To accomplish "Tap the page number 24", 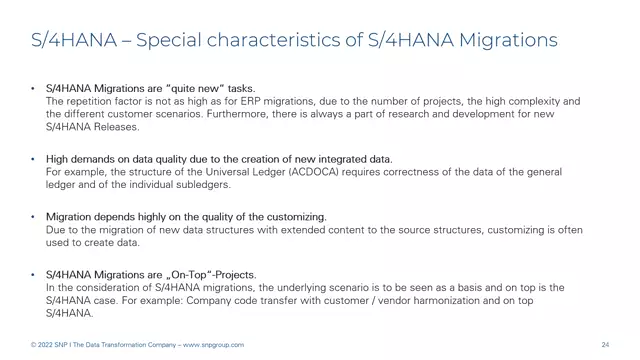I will (605, 345).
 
